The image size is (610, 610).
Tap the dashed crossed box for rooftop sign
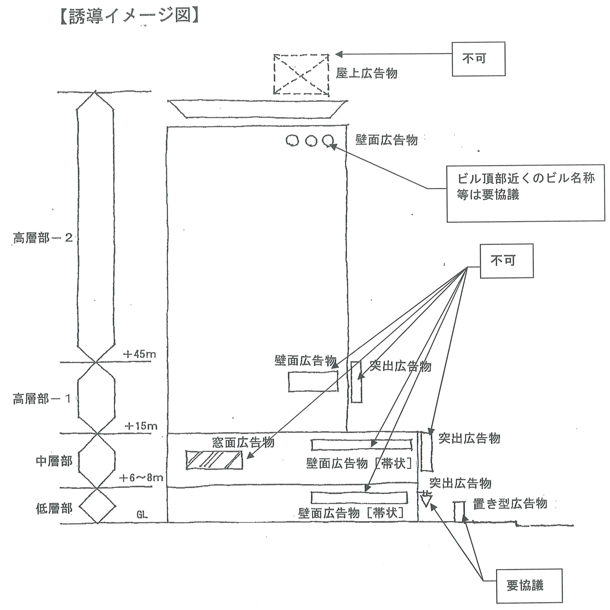pyautogui.click(x=301, y=75)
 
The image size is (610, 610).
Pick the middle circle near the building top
pyautogui.click(x=311, y=141)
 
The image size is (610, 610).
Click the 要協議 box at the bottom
pyautogui.click(x=525, y=585)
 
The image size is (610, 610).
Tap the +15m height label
pyautogui.click(x=141, y=425)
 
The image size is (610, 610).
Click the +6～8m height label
pyautogui.click(x=141, y=478)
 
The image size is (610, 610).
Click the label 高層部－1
pyautogui.click(x=42, y=399)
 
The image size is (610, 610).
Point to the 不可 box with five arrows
pyautogui.click(x=505, y=260)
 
